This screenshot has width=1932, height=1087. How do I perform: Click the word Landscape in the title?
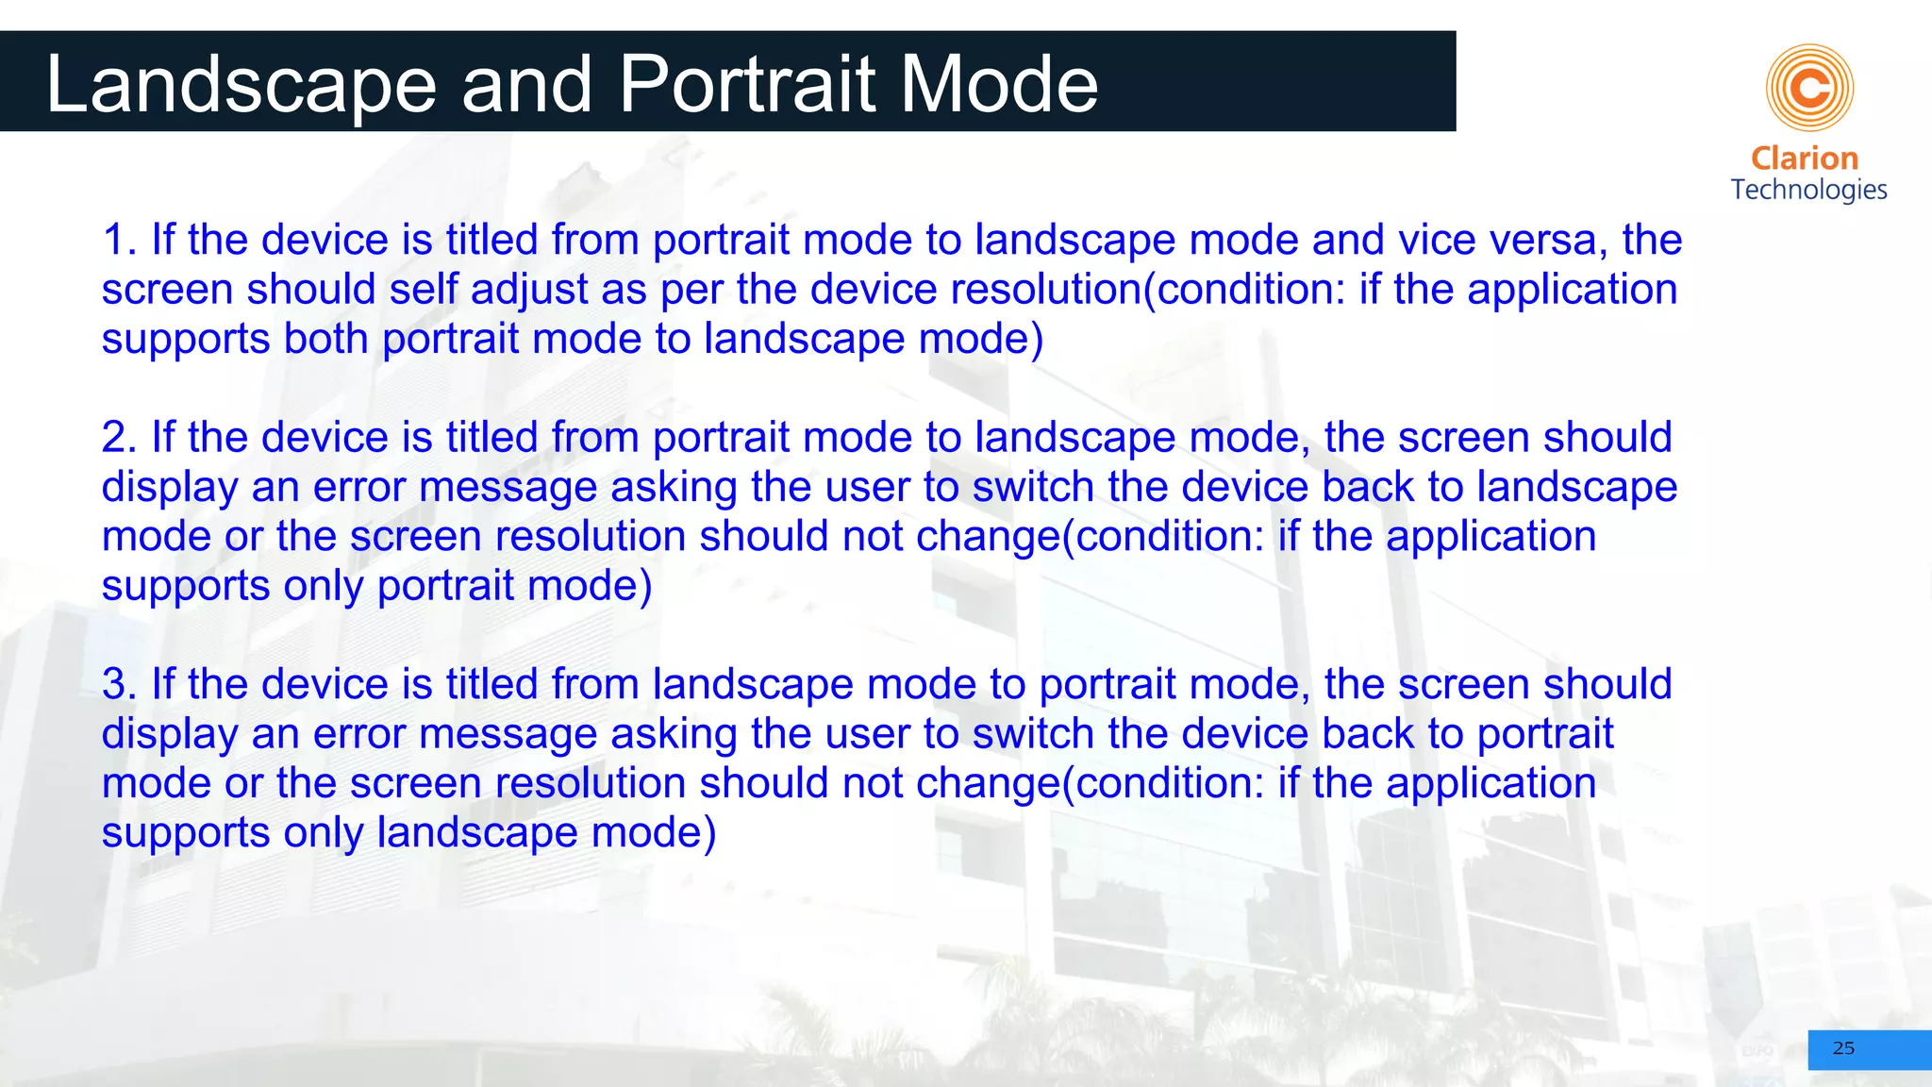click(x=241, y=85)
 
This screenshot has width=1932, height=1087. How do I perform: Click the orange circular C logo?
click(x=1809, y=88)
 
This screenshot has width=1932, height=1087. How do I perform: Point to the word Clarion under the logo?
click(x=1804, y=159)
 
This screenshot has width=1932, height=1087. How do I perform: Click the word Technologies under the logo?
click(x=1808, y=190)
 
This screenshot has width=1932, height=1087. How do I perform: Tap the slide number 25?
click(x=1843, y=1048)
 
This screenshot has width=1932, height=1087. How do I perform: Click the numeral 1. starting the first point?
click(x=120, y=240)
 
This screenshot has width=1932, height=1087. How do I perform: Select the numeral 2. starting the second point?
click(x=120, y=438)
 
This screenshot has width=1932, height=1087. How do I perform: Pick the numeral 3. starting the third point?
click(x=120, y=684)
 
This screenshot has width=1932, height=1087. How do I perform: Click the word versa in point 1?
click(x=1547, y=240)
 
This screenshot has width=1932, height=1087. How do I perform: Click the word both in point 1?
click(x=325, y=339)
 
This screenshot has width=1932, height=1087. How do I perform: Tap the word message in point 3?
click(x=508, y=734)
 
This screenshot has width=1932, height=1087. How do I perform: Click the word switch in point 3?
click(x=1033, y=734)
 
